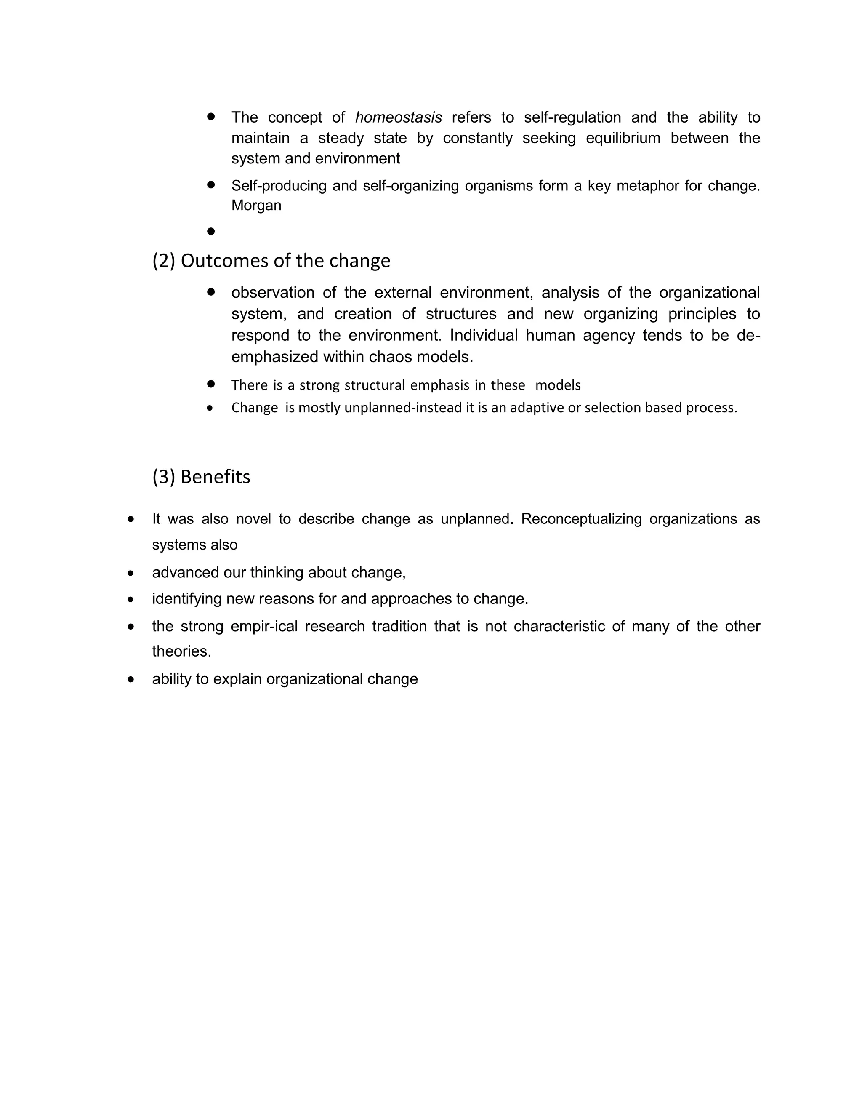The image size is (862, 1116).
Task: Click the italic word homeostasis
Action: pos(398,117)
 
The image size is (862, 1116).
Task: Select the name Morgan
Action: pos(256,206)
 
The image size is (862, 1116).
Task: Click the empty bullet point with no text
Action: pos(211,232)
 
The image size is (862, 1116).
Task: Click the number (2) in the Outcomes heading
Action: pos(164,261)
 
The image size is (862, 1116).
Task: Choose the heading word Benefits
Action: pos(215,477)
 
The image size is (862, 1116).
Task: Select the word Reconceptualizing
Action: pos(581,519)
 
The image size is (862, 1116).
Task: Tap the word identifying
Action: pos(187,599)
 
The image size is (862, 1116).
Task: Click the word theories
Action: pos(181,651)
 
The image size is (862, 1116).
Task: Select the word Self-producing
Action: pos(279,185)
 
